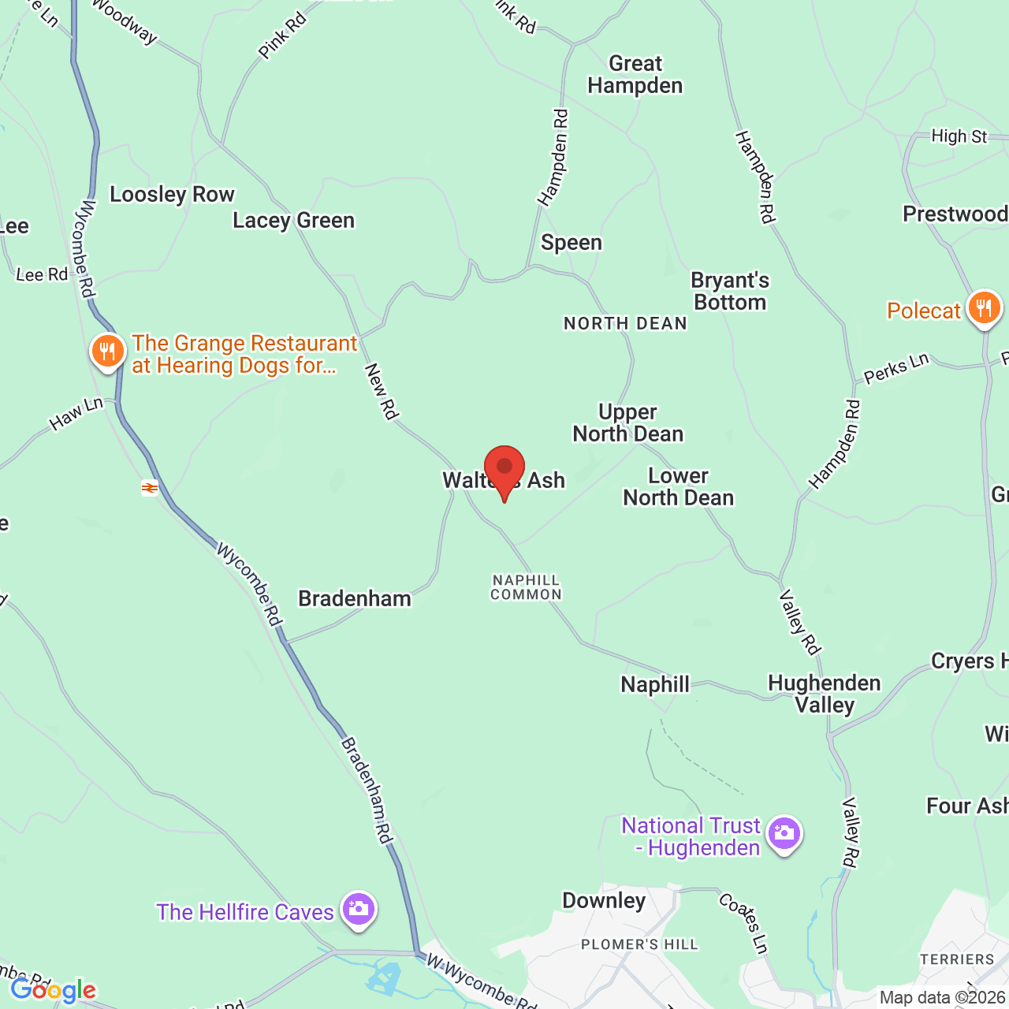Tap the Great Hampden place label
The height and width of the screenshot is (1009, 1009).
(x=635, y=75)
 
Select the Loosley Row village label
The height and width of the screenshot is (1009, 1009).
(x=172, y=195)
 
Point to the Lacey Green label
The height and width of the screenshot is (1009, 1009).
(x=293, y=221)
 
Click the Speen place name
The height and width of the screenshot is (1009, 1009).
(x=572, y=243)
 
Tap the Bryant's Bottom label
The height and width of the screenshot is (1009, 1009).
(x=730, y=292)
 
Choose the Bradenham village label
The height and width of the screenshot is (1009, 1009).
(x=355, y=599)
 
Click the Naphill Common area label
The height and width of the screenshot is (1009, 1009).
(x=526, y=587)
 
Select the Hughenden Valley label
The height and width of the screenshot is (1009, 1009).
(x=825, y=694)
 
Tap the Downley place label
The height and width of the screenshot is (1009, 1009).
(x=604, y=901)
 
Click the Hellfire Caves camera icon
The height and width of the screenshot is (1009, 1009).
(x=359, y=910)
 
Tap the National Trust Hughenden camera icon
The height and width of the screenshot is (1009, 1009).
(x=784, y=833)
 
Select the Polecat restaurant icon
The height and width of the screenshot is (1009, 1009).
(x=984, y=308)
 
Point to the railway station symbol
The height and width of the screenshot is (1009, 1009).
(x=150, y=488)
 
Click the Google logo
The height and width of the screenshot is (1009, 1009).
(x=54, y=990)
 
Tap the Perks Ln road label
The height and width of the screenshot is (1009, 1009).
(x=896, y=368)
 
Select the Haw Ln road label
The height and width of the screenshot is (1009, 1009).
(x=76, y=414)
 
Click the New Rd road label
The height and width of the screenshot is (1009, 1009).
(x=382, y=391)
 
